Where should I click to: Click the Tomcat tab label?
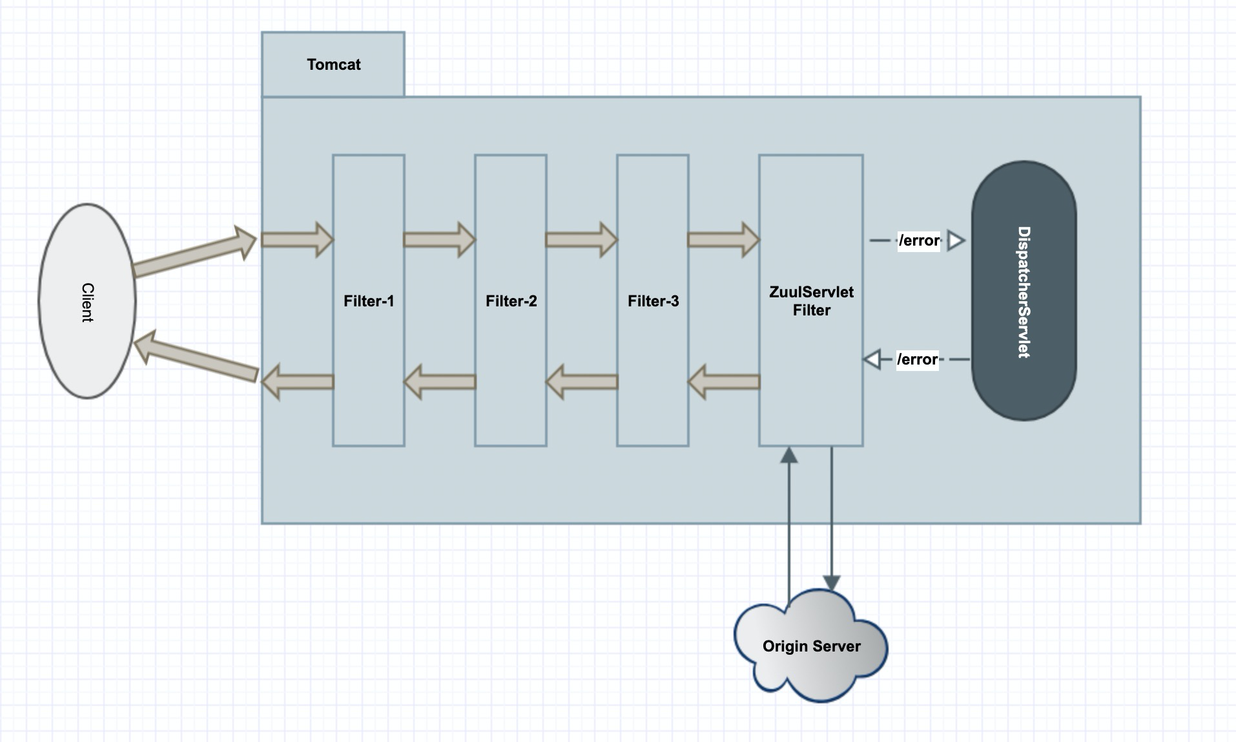click(x=333, y=65)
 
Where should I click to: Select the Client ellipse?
click(x=87, y=301)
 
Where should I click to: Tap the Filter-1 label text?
click(x=369, y=301)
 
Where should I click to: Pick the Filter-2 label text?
click(x=511, y=301)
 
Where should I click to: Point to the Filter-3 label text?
click(x=653, y=301)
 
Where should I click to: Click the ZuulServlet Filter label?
click(x=811, y=301)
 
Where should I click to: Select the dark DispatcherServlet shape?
click(x=1024, y=291)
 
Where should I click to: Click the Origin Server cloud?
click(x=811, y=646)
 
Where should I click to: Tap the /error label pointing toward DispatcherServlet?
click(x=919, y=241)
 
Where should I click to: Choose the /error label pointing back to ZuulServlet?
click(x=917, y=359)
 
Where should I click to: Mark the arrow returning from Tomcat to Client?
click(x=194, y=359)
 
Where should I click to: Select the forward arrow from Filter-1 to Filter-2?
click(x=439, y=240)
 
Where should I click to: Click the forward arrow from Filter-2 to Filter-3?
click(x=581, y=240)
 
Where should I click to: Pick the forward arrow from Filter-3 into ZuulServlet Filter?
click(x=723, y=240)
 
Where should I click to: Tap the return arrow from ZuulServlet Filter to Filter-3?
click(x=723, y=382)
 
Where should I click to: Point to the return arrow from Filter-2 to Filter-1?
click(x=439, y=382)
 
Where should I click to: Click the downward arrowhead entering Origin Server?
click(x=831, y=582)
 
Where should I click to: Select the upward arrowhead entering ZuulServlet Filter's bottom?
click(x=789, y=455)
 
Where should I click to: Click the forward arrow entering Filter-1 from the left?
click(x=297, y=240)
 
